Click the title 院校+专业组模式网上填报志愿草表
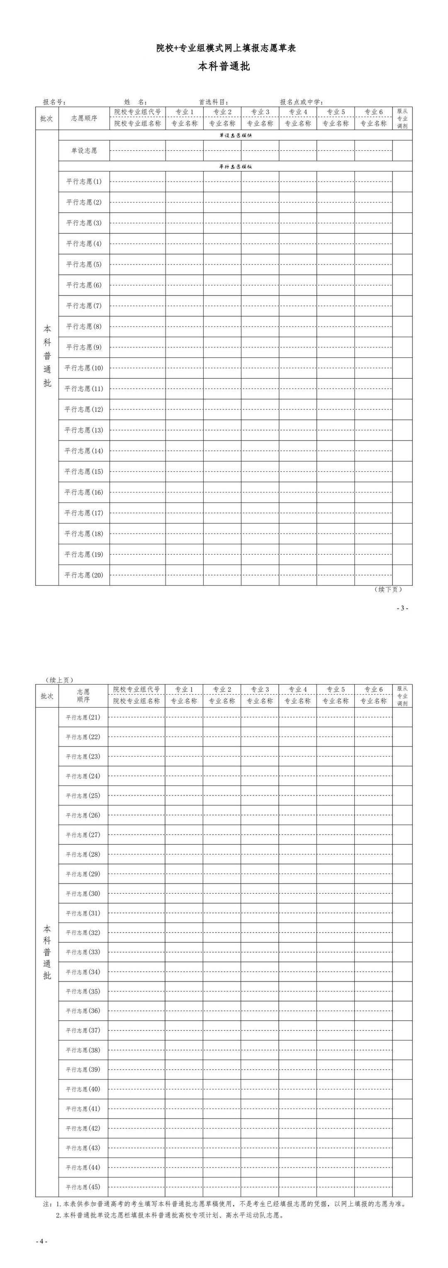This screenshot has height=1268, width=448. pyautogui.click(x=226, y=48)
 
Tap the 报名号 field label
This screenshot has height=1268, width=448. pyautogui.click(x=54, y=102)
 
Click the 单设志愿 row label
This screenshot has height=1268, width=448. pyautogui.click(x=84, y=151)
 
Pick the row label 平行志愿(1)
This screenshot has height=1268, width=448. pyautogui.click(x=84, y=181)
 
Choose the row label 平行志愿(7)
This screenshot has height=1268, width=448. pyautogui.click(x=84, y=306)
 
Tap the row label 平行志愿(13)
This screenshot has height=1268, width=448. pyautogui.click(x=84, y=430)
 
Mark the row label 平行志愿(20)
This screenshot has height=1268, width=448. pyautogui.click(x=84, y=575)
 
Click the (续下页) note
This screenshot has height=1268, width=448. pyautogui.click(x=388, y=589)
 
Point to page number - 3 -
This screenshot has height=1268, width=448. pyautogui.click(x=402, y=608)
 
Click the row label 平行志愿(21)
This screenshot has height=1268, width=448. pyautogui.click(x=83, y=717)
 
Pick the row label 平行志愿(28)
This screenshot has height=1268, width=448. pyautogui.click(x=83, y=854)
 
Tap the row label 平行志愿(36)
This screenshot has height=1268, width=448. pyautogui.click(x=83, y=1011)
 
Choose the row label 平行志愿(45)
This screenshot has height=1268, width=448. pyautogui.click(x=83, y=1187)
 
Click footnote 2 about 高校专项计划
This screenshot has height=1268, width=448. pyautogui.click(x=170, y=1215)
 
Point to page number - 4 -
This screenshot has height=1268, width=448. pyautogui.click(x=41, y=1241)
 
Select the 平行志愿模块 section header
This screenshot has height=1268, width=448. pyautogui.click(x=236, y=167)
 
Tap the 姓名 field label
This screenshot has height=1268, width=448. pyautogui.click(x=135, y=102)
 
